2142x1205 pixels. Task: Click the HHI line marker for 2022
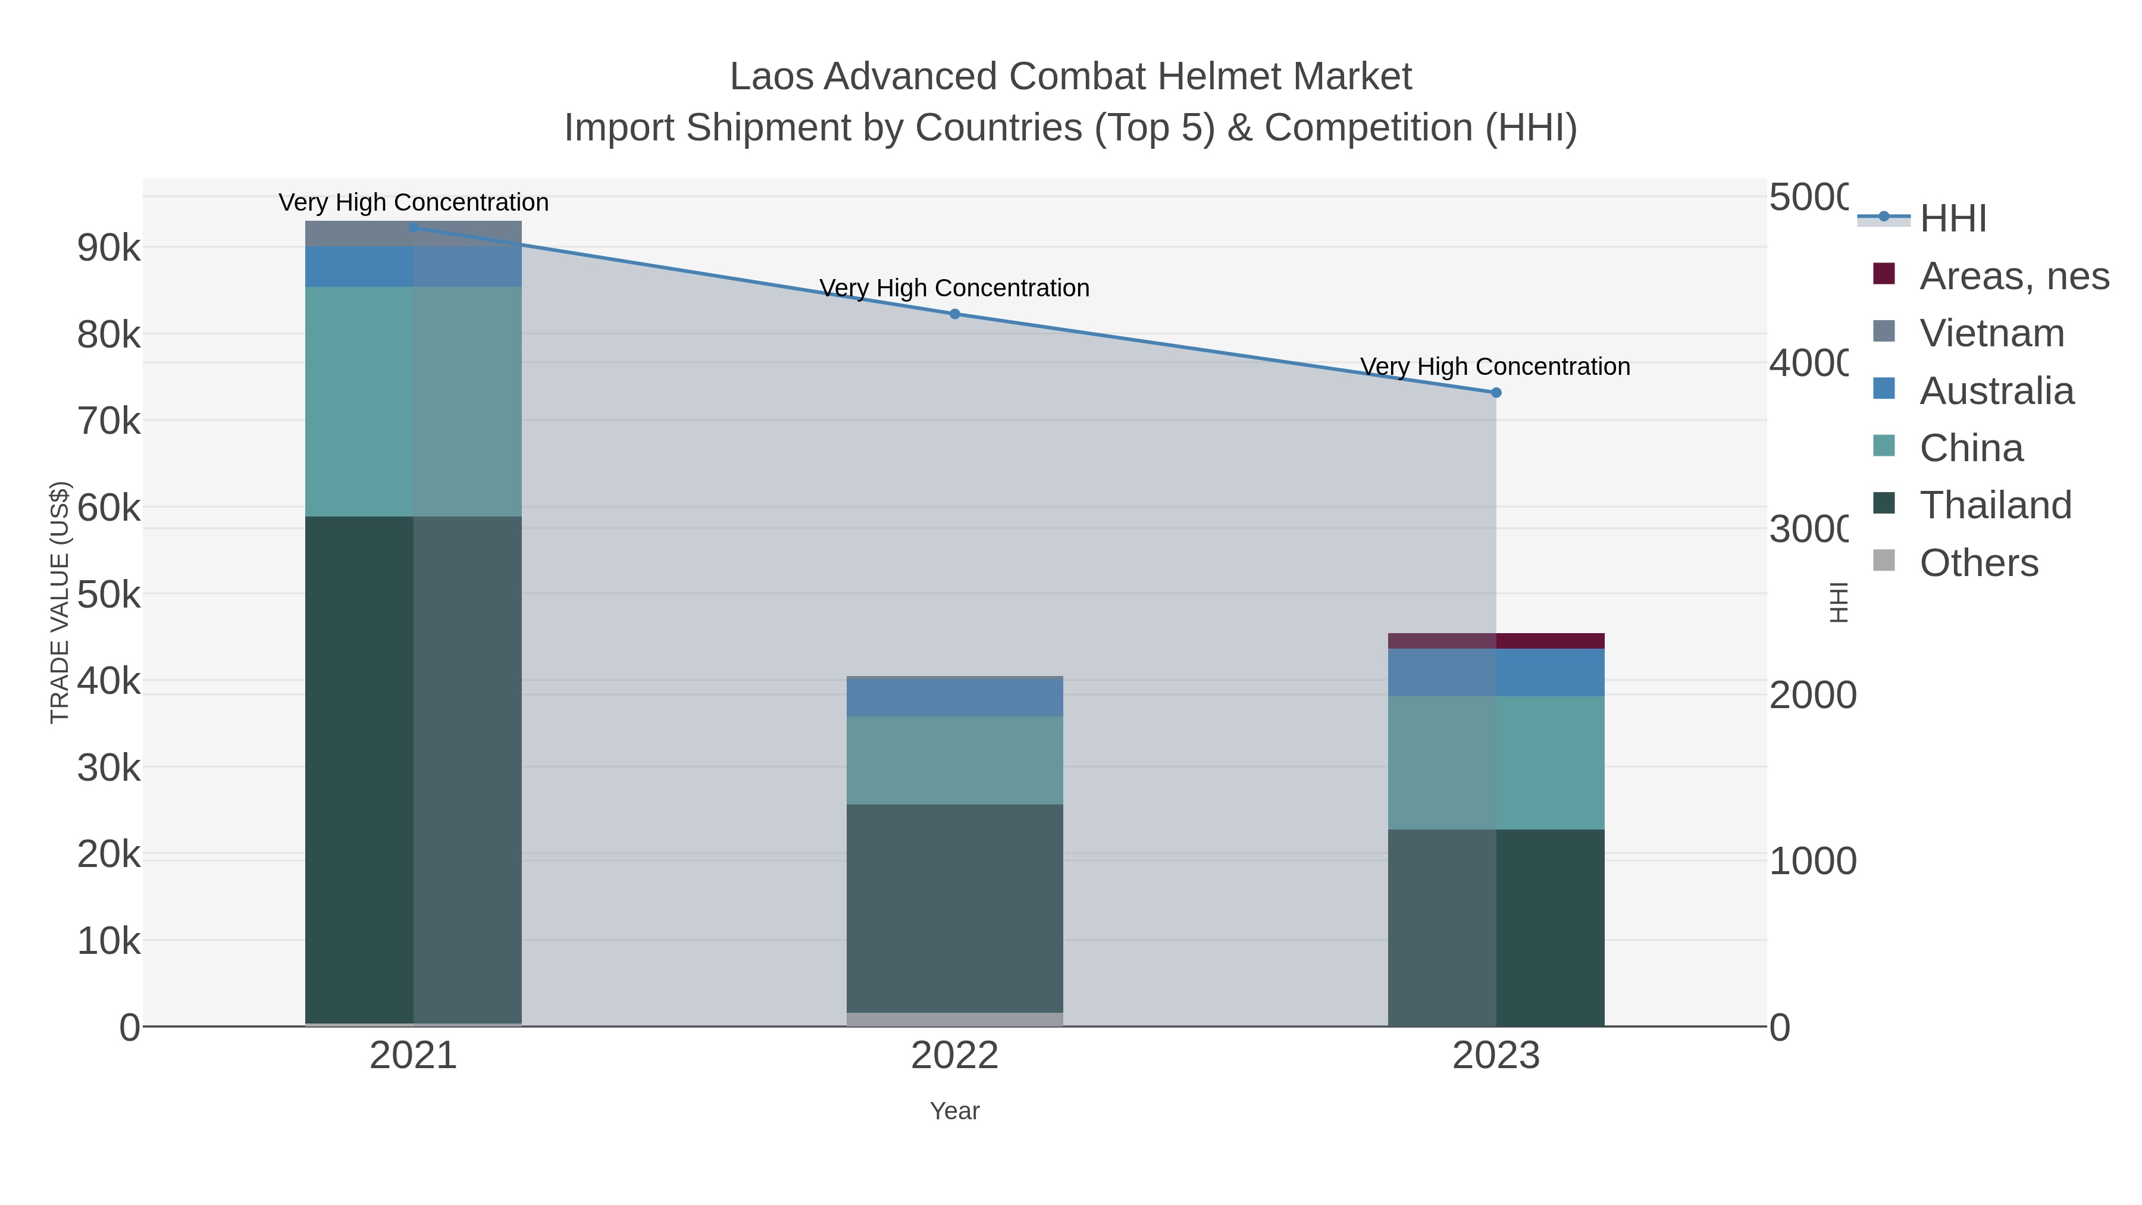pyautogui.click(x=954, y=314)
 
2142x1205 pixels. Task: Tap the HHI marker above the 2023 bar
pyautogui.click(x=1496, y=393)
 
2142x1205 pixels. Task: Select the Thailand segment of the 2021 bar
pyautogui.click(x=414, y=769)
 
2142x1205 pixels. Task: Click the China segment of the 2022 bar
pyautogui.click(x=954, y=760)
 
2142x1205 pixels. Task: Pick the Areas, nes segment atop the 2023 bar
pyautogui.click(x=1496, y=640)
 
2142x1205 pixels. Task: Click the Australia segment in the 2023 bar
pyautogui.click(x=1496, y=672)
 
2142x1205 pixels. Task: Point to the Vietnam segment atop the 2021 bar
pyautogui.click(x=414, y=234)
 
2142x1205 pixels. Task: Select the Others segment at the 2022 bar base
pyautogui.click(x=954, y=1019)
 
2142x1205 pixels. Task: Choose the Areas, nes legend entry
pyautogui.click(x=2013, y=276)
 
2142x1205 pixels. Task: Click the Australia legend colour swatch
pyautogui.click(x=1884, y=389)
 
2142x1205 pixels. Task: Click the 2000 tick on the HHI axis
pyautogui.click(x=1811, y=695)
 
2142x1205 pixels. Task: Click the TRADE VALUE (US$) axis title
pyautogui.click(x=60, y=602)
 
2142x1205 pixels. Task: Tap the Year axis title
pyautogui.click(x=954, y=1111)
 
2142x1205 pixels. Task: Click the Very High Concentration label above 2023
pyautogui.click(x=1495, y=367)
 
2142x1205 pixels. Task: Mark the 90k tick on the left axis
pyautogui.click(x=109, y=248)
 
